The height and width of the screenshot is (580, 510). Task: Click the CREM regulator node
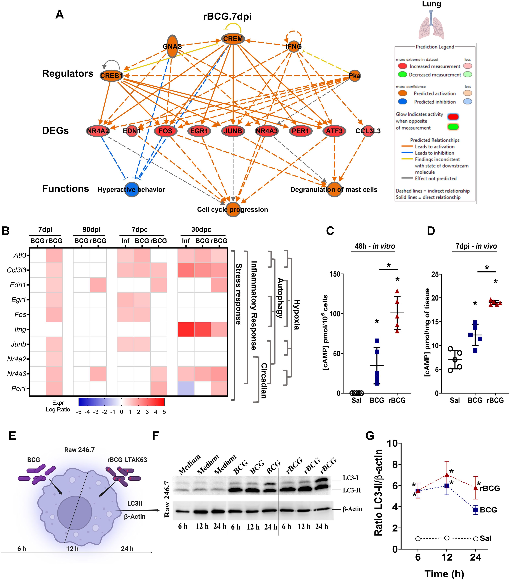click(x=233, y=39)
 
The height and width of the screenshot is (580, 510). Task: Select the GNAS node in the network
click(x=172, y=46)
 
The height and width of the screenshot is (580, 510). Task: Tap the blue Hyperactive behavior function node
click(x=131, y=189)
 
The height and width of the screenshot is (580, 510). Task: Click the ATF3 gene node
click(x=334, y=131)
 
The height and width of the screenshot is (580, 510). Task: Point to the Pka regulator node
click(x=354, y=76)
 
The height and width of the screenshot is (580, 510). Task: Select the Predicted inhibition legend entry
click(x=434, y=102)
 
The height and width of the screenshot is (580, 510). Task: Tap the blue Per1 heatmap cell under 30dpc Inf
click(x=186, y=388)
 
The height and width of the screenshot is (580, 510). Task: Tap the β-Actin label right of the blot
click(x=352, y=509)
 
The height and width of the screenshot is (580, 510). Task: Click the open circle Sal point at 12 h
click(x=447, y=538)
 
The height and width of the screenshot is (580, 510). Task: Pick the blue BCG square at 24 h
click(x=476, y=510)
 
